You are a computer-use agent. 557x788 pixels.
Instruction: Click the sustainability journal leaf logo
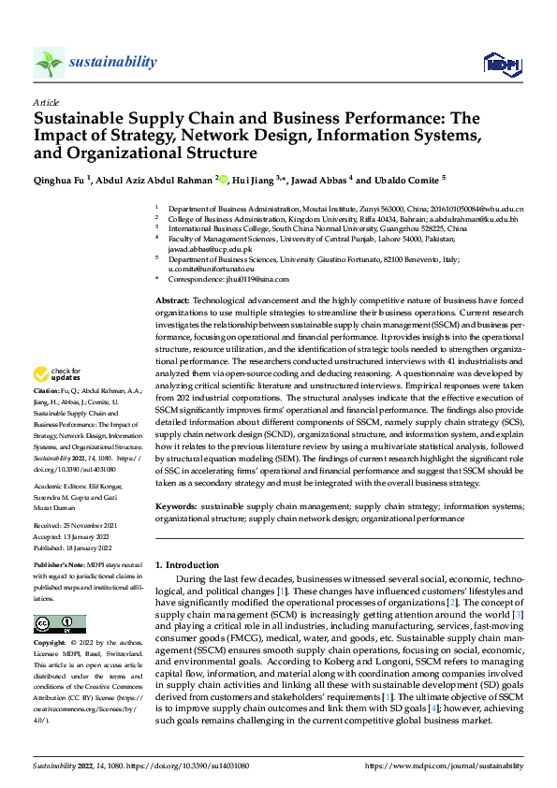[x=49, y=64]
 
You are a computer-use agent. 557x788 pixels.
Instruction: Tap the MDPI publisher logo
[x=500, y=64]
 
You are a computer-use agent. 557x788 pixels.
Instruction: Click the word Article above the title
[x=46, y=102]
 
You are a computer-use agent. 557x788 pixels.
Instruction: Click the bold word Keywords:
[x=176, y=506]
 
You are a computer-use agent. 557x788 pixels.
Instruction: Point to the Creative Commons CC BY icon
[x=59, y=623]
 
